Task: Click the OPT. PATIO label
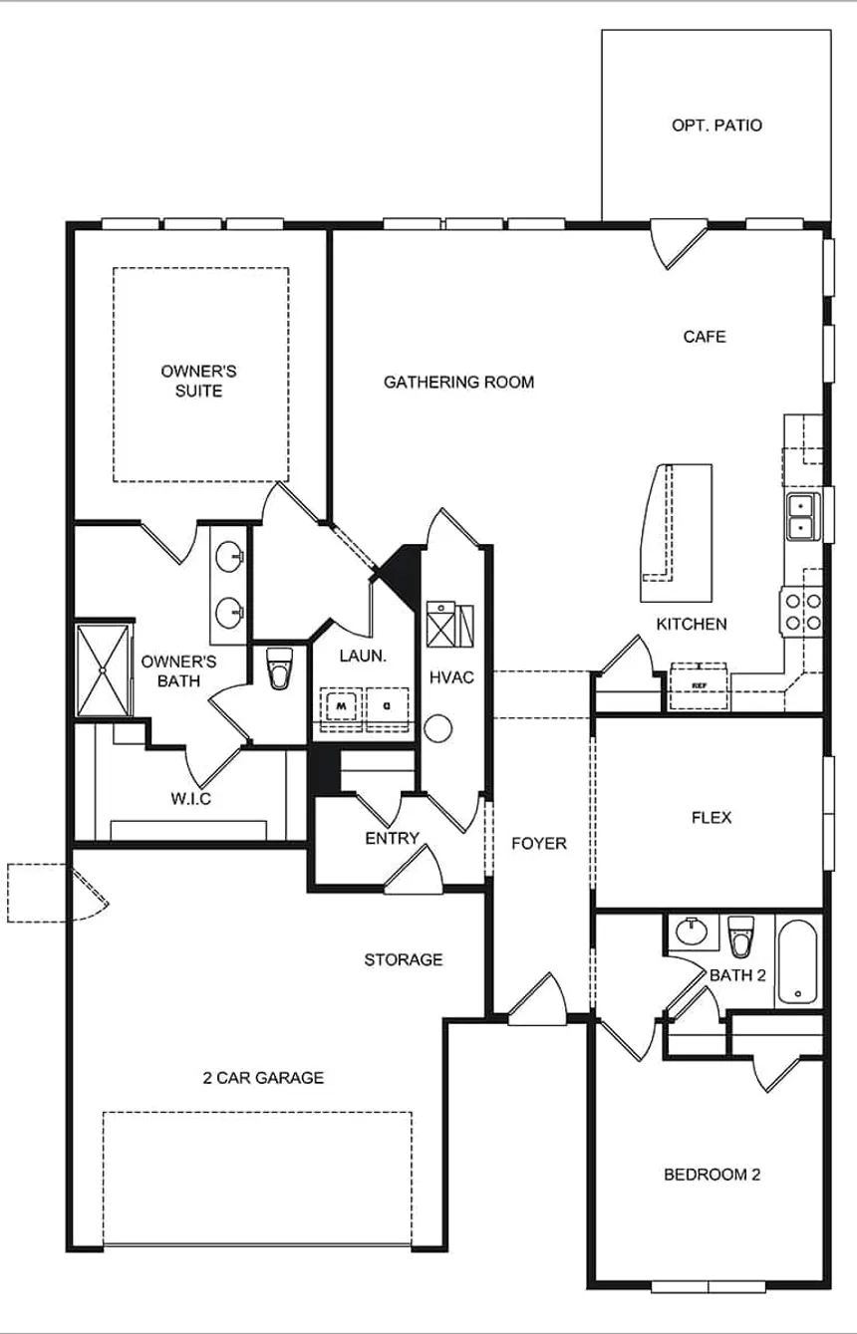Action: pyautogui.click(x=716, y=126)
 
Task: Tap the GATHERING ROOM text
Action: pyautogui.click(x=458, y=382)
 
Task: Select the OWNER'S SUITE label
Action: pyautogui.click(x=198, y=381)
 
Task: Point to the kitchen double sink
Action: pyautogui.click(x=800, y=515)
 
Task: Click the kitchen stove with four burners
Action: pyautogui.click(x=801, y=612)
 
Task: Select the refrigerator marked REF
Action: pyautogui.click(x=699, y=685)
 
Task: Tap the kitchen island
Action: pyautogui.click(x=676, y=533)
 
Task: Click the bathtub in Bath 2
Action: pyautogui.click(x=797, y=961)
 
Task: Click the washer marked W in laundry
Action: pyautogui.click(x=341, y=705)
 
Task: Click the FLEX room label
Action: pyautogui.click(x=712, y=817)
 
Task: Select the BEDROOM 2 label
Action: pyautogui.click(x=712, y=1175)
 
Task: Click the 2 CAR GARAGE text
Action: pyautogui.click(x=263, y=1077)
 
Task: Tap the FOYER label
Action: pyautogui.click(x=538, y=843)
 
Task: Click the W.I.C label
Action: pyautogui.click(x=189, y=798)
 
